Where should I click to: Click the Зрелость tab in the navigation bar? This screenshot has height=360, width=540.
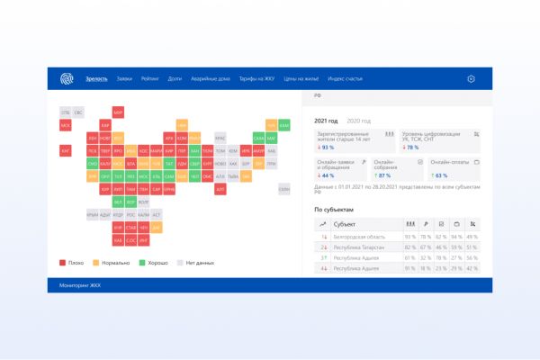[x=96, y=79]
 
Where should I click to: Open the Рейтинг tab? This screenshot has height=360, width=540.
[x=149, y=79]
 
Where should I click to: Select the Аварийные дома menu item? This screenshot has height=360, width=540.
[x=208, y=79]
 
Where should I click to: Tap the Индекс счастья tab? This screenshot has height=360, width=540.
[x=346, y=79]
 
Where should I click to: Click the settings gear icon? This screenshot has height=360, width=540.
[x=471, y=79]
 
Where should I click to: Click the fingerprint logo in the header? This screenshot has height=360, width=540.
[x=66, y=79]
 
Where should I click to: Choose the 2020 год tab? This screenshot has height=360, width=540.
[x=359, y=121]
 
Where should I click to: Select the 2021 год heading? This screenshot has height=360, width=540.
[x=326, y=121]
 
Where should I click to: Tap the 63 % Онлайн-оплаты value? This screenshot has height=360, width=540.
[x=441, y=175]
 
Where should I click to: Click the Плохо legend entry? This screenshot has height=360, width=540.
[x=73, y=263]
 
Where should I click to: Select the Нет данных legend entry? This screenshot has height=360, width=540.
[x=199, y=263]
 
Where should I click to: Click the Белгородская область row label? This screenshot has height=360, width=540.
[x=363, y=235]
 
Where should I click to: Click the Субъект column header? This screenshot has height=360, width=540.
[x=346, y=222]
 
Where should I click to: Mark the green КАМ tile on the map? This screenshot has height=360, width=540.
[x=284, y=125]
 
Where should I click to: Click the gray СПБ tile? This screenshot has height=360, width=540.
[x=66, y=112]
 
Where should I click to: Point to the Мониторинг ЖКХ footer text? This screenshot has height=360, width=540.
[x=77, y=284]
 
